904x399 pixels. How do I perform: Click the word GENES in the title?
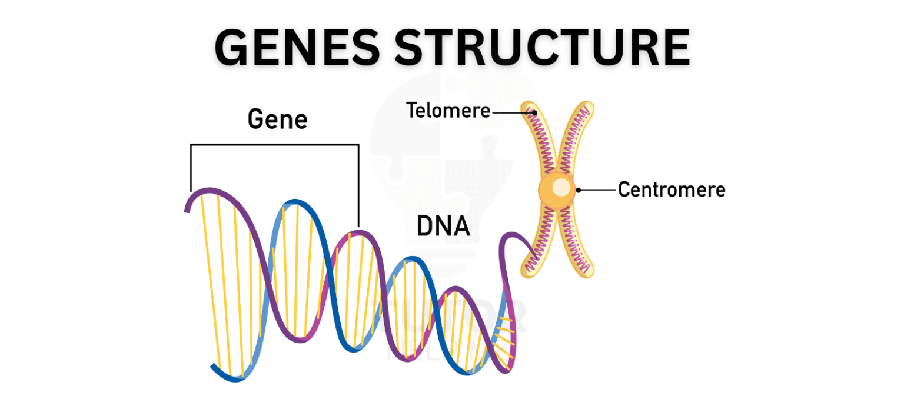(297, 47)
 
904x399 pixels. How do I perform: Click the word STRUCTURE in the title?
(541, 47)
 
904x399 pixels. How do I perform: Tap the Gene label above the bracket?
(277, 119)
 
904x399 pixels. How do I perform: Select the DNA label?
(443, 227)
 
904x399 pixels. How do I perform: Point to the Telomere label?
(448, 110)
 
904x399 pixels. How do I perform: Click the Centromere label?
(672, 190)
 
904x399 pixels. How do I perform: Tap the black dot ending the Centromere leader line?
(579, 190)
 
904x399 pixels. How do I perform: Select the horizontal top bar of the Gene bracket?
(274, 145)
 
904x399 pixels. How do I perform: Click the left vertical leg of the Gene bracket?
(191, 168)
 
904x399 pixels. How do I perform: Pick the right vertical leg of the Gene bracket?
(358, 185)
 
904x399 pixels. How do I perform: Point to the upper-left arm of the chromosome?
(541, 141)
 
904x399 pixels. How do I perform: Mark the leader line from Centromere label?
(597, 190)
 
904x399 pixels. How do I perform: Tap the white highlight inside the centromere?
(562, 187)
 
